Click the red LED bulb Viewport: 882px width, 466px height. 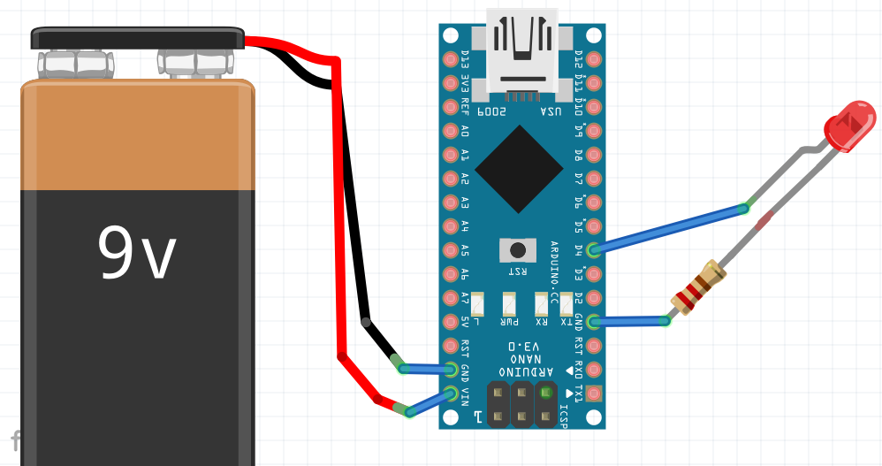coord(849,126)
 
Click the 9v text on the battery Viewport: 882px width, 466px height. coord(137,252)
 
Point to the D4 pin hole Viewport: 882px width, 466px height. coord(593,250)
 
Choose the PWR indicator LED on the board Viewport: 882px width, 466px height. coord(510,304)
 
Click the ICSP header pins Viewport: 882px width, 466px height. coord(522,403)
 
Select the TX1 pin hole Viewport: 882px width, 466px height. coord(593,393)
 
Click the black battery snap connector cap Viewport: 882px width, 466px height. coord(138,37)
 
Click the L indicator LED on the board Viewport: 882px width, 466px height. coord(478,304)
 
